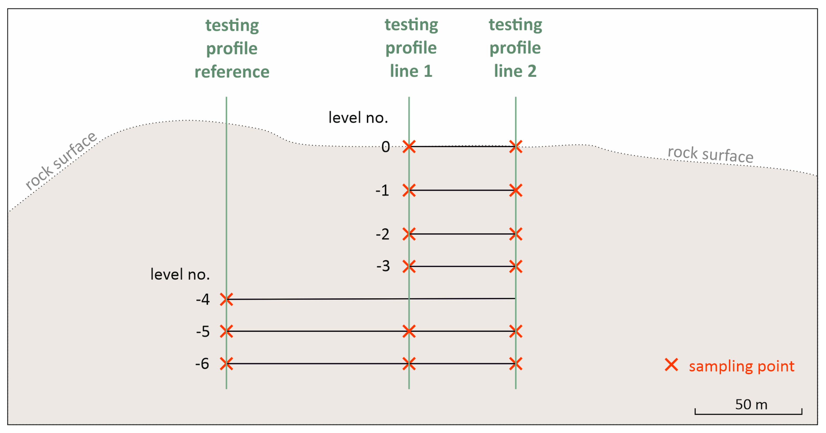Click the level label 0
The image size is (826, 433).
(x=385, y=147)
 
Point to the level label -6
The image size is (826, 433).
(x=202, y=364)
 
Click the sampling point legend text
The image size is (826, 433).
(x=741, y=366)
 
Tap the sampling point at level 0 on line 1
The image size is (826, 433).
(x=409, y=147)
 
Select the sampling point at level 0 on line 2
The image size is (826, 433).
(x=516, y=147)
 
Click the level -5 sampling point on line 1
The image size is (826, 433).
(x=409, y=331)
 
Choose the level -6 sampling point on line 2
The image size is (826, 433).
(x=516, y=364)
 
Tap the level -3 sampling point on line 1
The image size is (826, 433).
(x=409, y=266)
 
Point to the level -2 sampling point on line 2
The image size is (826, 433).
(x=516, y=234)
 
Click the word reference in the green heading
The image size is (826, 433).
(x=232, y=72)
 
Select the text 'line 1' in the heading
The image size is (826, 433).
(x=411, y=71)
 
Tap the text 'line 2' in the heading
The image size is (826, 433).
(x=515, y=71)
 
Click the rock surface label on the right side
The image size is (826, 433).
(x=710, y=155)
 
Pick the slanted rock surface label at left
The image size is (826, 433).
(x=61, y=160)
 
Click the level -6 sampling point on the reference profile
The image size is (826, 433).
(x=226, y=364)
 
